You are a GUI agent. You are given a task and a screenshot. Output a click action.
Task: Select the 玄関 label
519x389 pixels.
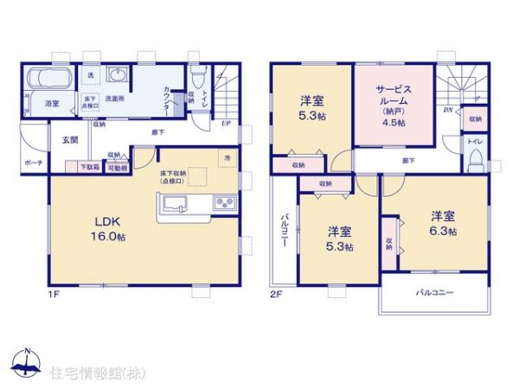click(x=69, y=140)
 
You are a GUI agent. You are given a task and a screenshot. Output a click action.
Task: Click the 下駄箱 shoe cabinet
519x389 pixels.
click(x=90, y=167)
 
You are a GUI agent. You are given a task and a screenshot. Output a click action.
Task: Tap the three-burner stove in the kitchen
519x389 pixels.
click(x=224, y=205)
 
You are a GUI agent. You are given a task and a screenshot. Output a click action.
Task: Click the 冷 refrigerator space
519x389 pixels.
click(x=227, y=158)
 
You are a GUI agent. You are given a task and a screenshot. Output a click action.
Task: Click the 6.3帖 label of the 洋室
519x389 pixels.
click(x=439, y=225)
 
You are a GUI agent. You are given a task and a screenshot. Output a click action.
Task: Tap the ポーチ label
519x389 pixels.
click(x=33, y=162)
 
